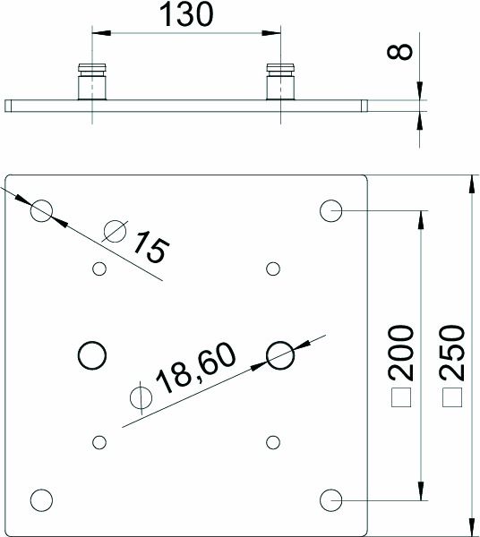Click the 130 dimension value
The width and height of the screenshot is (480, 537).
[x=186, y=16]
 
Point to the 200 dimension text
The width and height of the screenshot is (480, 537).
[x=402, y=353]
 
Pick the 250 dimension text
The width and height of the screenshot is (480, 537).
[x=453, y=353]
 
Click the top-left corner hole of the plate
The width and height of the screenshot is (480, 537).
[x=41, y=210]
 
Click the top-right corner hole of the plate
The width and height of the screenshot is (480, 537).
[x=330, y=211]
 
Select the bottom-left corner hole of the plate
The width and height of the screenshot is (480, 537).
[x=41, y=499]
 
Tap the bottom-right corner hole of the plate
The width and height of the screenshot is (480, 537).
[x=330, y=499]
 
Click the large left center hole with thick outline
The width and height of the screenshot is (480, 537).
[x=90, y=355]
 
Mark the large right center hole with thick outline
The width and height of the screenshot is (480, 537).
[x=281, y=355]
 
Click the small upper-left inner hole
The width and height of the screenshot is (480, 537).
[x=99, y=268]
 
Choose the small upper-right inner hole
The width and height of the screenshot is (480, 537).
[x=272, y=268]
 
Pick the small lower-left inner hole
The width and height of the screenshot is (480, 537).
[x=99, y=441]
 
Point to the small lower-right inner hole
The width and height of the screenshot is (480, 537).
[x=272, y=441]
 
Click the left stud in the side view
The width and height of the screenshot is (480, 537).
[x=91, y=81]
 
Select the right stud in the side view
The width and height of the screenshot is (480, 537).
[x=280, y=81]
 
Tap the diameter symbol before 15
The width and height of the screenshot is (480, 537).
[x=115, y=231]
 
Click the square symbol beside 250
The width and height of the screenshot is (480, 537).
[x=453, y=397]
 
